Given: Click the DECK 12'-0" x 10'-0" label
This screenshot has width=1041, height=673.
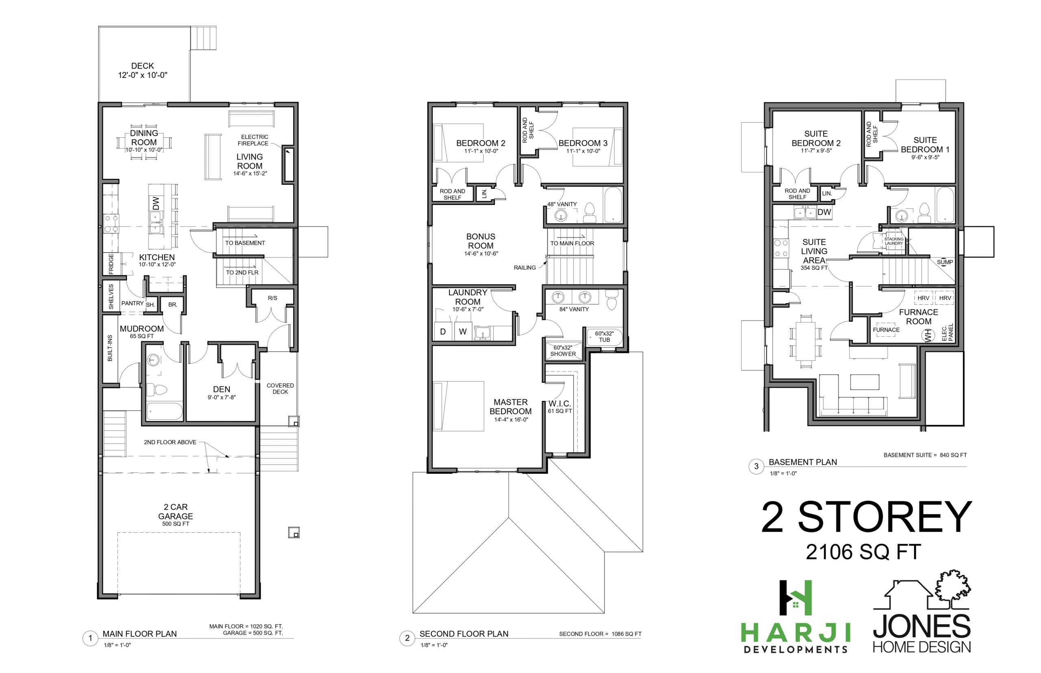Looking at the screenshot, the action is pos(143,70).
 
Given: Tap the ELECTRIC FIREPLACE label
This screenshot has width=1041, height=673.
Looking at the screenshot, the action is pos(253,140).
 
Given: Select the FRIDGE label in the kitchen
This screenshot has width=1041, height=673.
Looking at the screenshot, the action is pos(111,264).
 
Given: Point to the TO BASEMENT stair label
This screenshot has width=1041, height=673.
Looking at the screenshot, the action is pos(245,243).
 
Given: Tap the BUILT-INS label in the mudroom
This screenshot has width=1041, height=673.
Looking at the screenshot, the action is pos(110,348).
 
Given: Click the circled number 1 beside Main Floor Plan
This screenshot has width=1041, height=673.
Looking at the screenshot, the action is pos(90,638).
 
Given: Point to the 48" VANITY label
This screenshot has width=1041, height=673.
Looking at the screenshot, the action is pos(562,204).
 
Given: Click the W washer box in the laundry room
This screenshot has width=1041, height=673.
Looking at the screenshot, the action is pos(463,331).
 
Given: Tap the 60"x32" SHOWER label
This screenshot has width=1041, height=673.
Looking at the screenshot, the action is pos(563,350).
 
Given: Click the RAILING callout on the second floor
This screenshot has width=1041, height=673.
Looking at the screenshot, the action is pos(525,267).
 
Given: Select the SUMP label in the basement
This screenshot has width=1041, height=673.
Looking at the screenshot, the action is pos(945,262).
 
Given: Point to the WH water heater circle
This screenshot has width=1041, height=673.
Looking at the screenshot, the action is pos(928,336).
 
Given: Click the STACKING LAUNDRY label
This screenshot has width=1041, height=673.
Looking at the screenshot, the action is pos(894,241).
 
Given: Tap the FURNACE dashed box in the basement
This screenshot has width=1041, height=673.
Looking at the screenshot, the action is pos(886,330).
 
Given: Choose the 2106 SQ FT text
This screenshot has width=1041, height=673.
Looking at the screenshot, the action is pos(863,552).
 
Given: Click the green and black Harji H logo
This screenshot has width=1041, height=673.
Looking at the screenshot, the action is pos(796,598).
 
